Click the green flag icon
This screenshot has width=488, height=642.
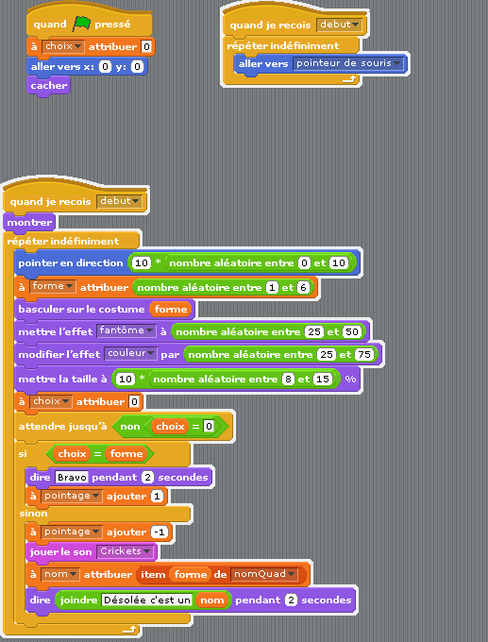pyautogui.click(x=81, y=24)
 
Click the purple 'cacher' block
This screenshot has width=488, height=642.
pyautogui.click(x=48, y=87)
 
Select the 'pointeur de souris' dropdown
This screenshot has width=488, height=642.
pyautogui.click(x=348, y=63)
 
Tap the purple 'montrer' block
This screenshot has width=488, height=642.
pyautogui.click(x=29, y=223)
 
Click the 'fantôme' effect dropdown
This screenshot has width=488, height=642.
pyautogui.click(x=126, y=330)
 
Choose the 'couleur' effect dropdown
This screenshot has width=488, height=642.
pyautogui.click(x=130, y=353)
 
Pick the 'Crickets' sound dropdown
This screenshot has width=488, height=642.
pyautogui.click(x=125, y=551)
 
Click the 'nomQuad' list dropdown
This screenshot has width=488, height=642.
pyautogui.click(x=263, y=574)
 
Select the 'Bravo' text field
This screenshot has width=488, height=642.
pyautogui.click(x=72, y=478)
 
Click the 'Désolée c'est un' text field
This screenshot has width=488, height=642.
pyautogui.click(x=146, y=600)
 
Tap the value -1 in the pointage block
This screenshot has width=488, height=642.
pyautogui.click(x=160, y=532)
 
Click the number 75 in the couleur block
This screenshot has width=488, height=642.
pyautogui.click(x=364, y=354)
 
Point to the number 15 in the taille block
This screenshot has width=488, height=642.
pyautogui.click(x=322, y=380)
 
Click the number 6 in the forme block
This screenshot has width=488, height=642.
pyautogui.click(x=303, y=287)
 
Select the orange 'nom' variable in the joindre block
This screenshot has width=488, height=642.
pyautogui.click(x=212, y=600)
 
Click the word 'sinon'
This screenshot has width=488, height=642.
pyautogui.click(x=34, y=514)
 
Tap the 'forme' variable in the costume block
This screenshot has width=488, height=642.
pyautogui.click(x=171, y=309)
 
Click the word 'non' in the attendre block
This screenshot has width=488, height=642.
pyautogui.click(x=130, y=427)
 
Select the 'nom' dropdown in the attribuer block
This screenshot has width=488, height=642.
pyautogui.click(x=60, y=574)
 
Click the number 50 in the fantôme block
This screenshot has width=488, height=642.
pyautogui.click(x=352, y=331)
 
